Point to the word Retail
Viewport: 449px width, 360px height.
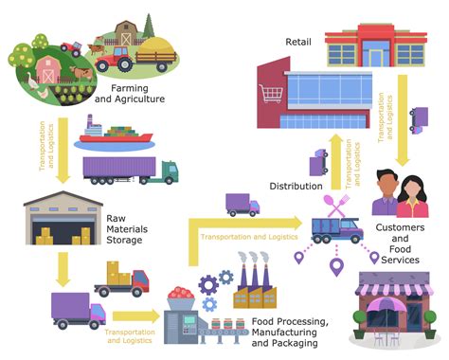[299, 43]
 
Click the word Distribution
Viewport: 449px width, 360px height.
[296, 187]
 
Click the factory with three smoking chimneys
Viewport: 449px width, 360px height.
[255, 279]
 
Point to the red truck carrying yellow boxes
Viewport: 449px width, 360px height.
[123, 279]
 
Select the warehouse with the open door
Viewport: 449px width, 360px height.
[62, 221]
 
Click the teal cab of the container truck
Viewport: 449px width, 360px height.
[168, 171]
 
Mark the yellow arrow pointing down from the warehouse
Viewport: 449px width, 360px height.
[63, 267]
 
